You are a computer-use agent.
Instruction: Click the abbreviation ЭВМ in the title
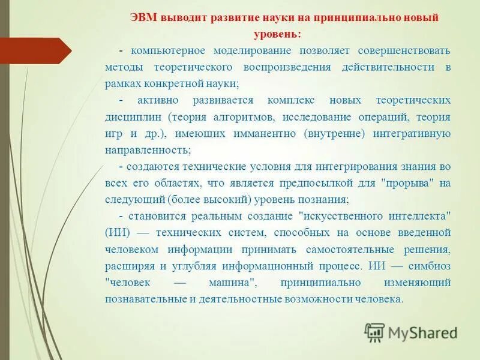(x=145, y=18)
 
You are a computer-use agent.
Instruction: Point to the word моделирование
(x=239, y=51)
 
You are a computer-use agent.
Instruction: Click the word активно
(x=154, y=100)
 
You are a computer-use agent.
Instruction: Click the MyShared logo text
(x=422, y=332)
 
